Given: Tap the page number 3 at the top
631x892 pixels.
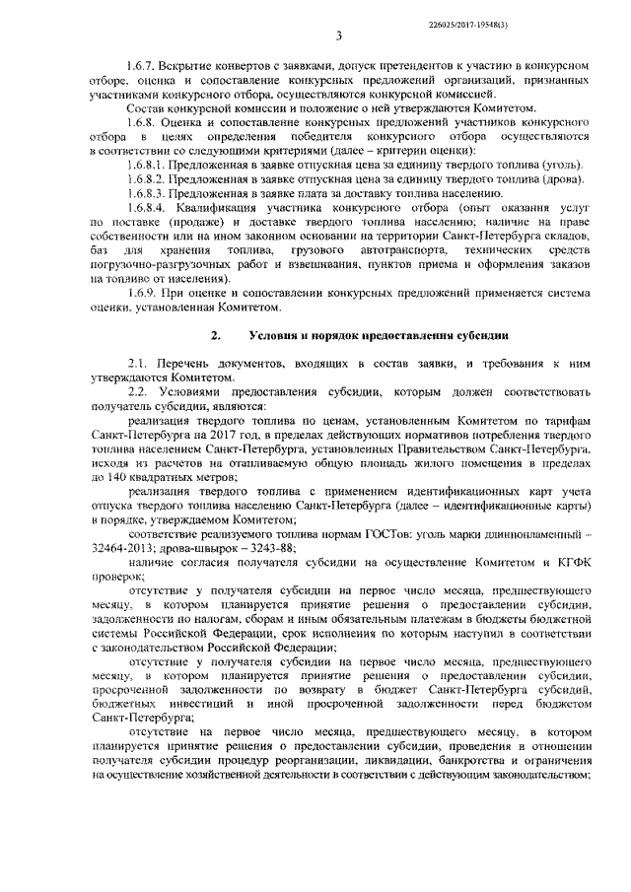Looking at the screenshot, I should point(339,37).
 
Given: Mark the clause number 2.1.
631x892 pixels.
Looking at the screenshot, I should point(137,364).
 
